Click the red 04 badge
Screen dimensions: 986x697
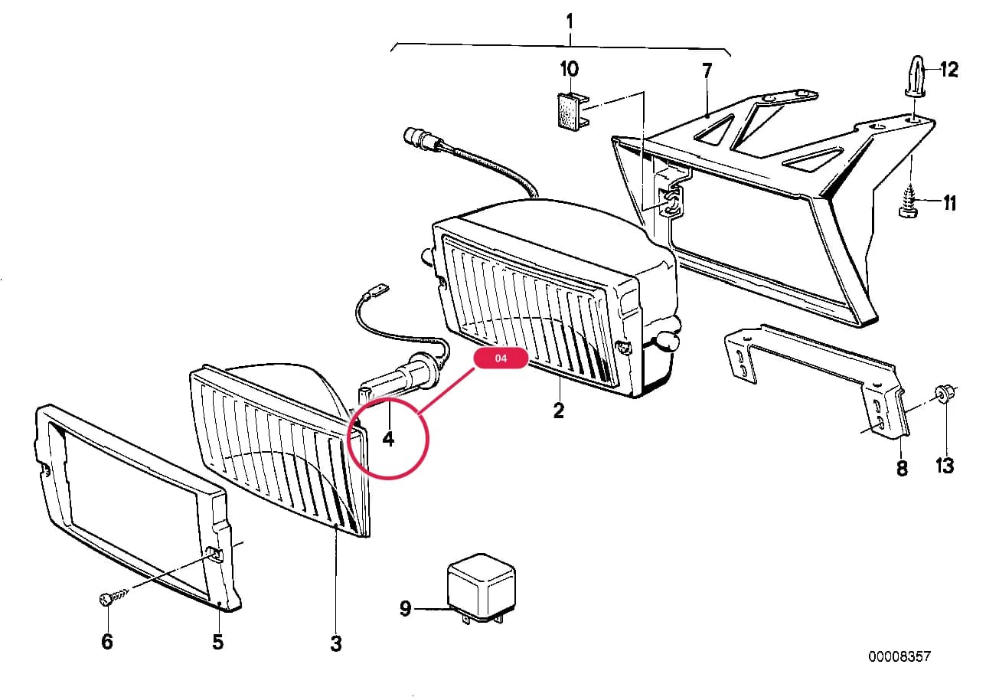[x=501, y=358]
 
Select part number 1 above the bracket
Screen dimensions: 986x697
[x=570, y=21]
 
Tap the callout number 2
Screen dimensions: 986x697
[x=559, y=411]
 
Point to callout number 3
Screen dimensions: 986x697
[x=336, y=643]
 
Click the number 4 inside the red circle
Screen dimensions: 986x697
[x=388, y=439]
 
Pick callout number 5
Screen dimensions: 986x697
[x=218, y=642]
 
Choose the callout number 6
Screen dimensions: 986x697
[x=107, y=642]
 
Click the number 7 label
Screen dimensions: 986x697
[x=707, y=71]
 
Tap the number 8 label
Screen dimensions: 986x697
[x=902, y=468]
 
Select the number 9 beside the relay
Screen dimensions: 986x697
[x=406, y=608]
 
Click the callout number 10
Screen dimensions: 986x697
[x=569, y=69]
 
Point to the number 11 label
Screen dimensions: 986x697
[x=949, y=204]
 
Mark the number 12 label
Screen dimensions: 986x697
[x=949, y=70]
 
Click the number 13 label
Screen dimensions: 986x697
[x=945, y=466]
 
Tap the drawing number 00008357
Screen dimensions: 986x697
[x=899, y=657]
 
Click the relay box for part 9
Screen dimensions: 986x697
[x=481, y=587]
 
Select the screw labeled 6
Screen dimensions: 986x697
[x=113, y=597]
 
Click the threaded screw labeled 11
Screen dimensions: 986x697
[x=909, y=201]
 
